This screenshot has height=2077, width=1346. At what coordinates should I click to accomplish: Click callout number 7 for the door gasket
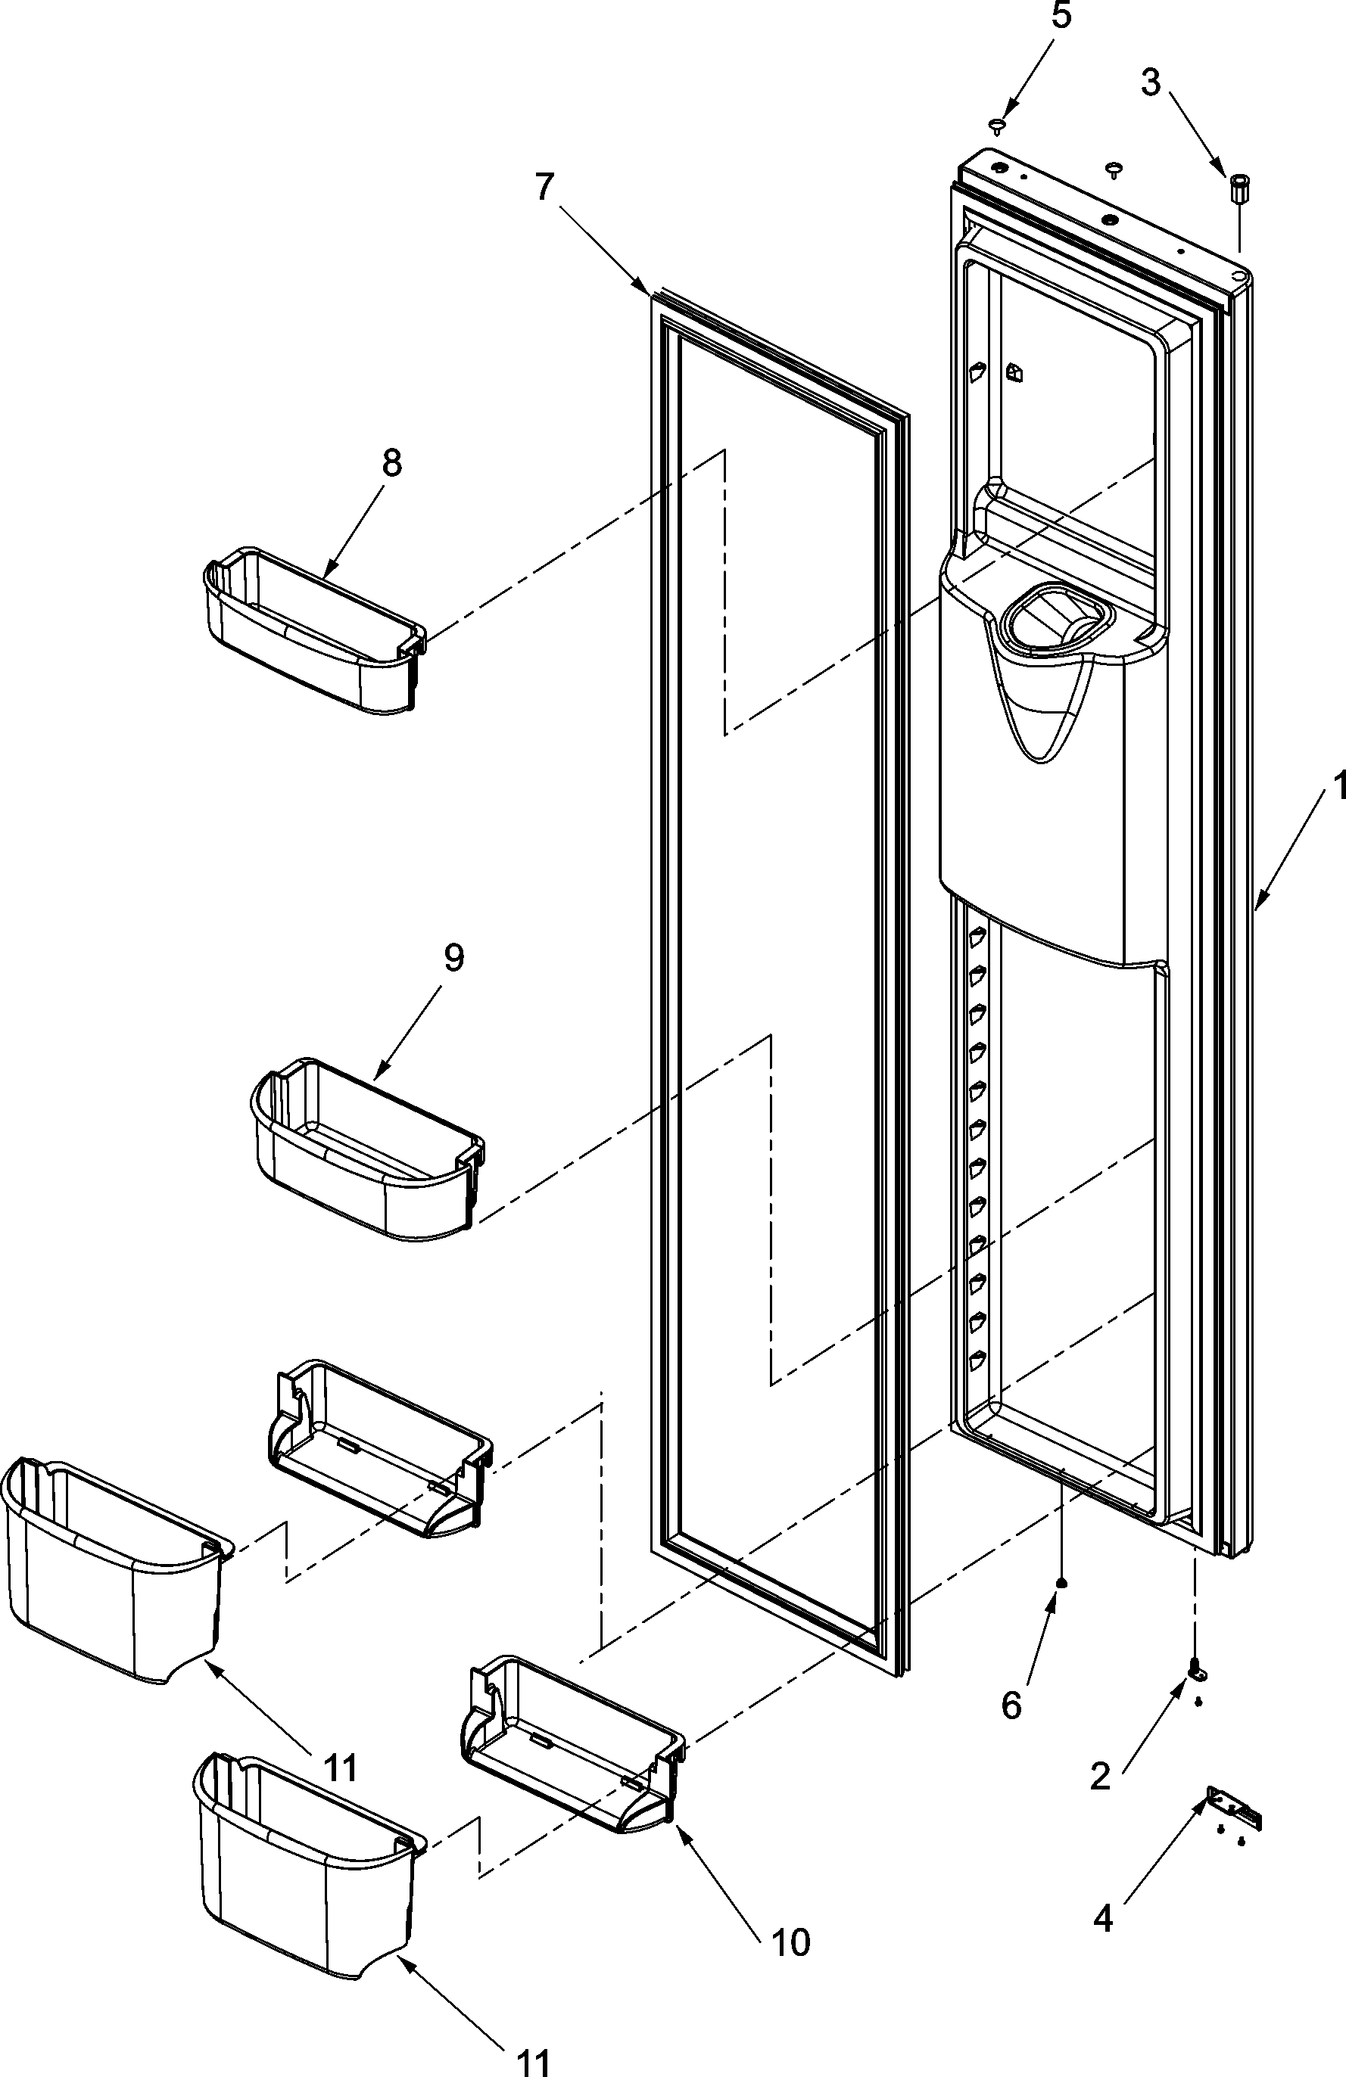pos(545,186)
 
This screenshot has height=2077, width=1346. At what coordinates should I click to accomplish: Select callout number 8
pos(392,462)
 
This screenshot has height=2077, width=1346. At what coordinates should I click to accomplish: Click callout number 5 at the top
pos(1061,16)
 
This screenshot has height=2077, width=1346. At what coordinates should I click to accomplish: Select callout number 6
pos(1011,1705)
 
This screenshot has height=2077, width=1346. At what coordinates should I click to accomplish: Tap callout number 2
pos(1100,1775)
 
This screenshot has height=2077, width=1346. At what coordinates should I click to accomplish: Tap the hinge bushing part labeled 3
pos(1238,188)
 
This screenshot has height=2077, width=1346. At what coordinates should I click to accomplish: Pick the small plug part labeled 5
pos(996,126)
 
